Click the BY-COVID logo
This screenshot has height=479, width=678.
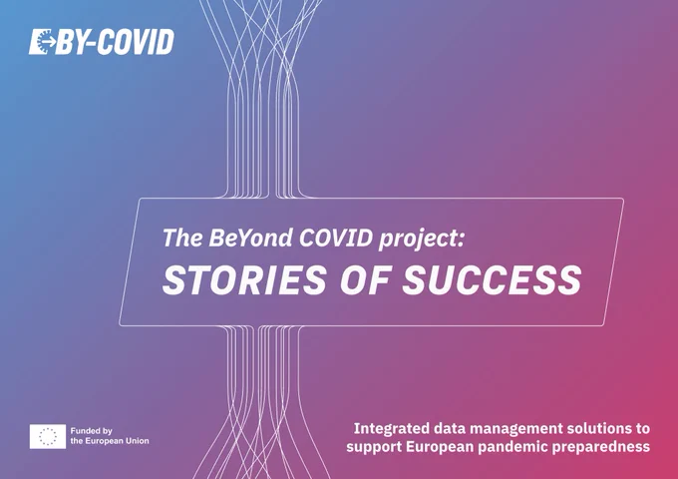tap(102, 42)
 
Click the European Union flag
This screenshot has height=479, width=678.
tap(48, 436)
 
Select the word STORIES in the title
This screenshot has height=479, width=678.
tap(244, 279)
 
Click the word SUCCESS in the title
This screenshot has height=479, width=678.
tap(492, 279)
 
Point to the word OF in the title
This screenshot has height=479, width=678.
tap(365, 279)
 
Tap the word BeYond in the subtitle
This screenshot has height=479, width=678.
tap(250, 238)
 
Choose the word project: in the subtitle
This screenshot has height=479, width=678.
tap(421, 239)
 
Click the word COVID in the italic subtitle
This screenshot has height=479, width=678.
tap(336, 238)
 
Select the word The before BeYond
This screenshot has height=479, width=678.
tap(182, 238)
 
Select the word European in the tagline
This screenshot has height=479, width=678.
tap(440, 447)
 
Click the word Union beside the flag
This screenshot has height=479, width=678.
tap(137, 441)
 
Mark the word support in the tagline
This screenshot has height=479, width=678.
tap(374, 447)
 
